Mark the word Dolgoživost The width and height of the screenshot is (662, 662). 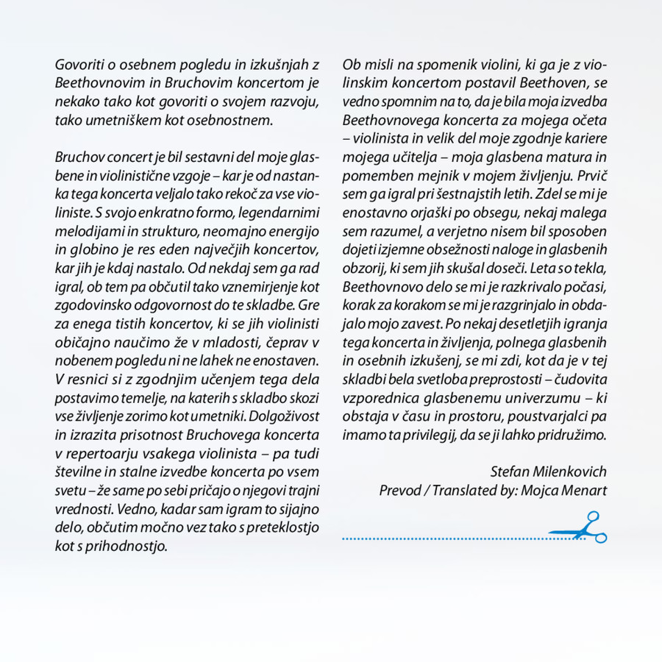pyautogui.click(x=284, y=412)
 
